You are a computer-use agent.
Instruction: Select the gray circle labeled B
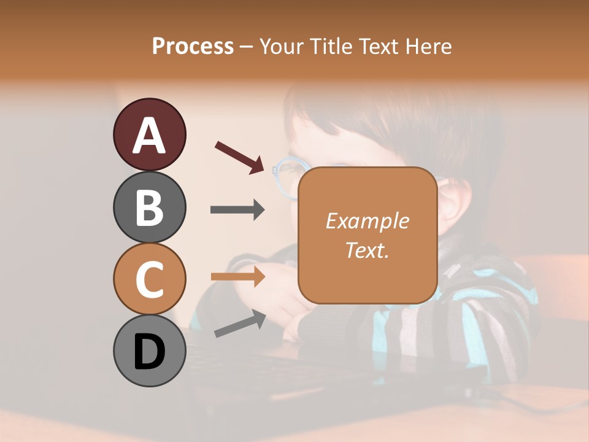click(x=149, y=207)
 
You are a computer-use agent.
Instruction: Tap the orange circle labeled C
click(x=149, y=279)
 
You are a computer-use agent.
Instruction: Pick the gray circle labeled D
click(x=149, y=351)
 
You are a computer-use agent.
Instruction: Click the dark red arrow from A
click(x=240, y=157)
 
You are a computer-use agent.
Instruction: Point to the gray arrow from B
click(x=237, y=210)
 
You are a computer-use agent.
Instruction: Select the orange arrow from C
click(x=237, y=277)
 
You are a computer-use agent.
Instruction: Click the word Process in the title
click(x=193, y=47)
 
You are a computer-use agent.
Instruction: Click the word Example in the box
click(x=367, y=221)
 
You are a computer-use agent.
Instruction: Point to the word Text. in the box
click(x=367, y=250)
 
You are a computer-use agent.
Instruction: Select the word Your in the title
click(x=283, y=47)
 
